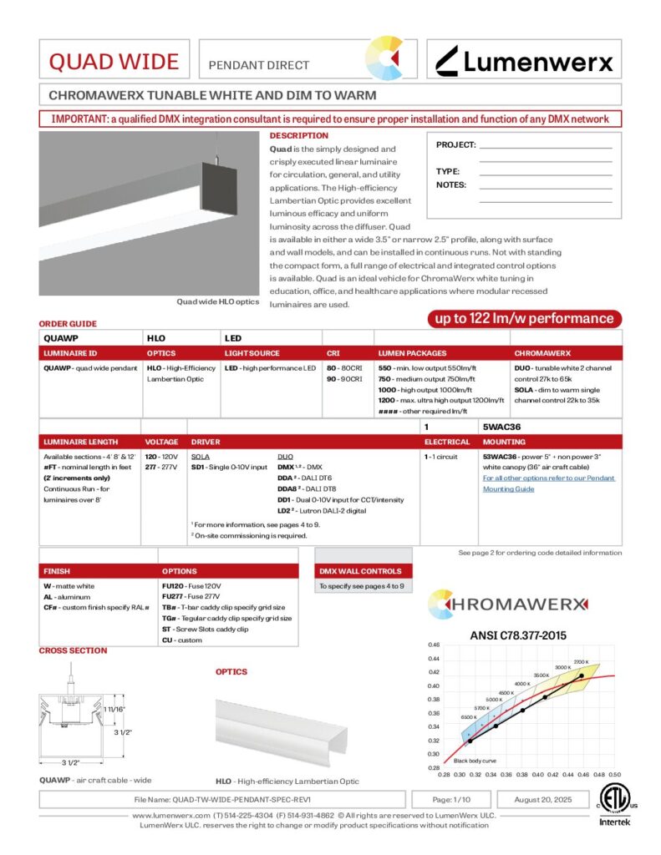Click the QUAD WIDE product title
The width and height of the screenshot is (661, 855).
coord(113,62)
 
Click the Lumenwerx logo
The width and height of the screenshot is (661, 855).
coord(525,61)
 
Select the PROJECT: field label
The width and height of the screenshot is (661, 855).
coord(455,145)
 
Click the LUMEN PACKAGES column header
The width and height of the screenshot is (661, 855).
coord(412,353)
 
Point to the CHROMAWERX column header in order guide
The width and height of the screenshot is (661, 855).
coord(542,353)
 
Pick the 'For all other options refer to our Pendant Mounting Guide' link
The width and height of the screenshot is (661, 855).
coord(547,483)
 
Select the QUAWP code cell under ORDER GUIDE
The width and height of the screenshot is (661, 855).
coord(61,338)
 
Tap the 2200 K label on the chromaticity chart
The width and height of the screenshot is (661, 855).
coord(582,661)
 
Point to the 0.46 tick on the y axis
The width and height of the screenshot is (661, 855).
coord(434,645)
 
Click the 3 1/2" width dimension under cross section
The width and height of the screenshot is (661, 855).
coord(71,763)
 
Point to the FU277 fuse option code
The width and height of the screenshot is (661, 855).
coord(173,597)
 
